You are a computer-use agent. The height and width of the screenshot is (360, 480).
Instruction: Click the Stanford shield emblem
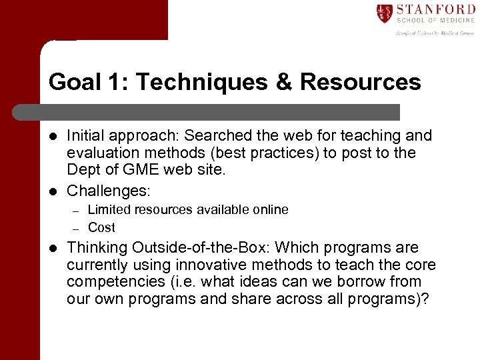[x=385, y=13]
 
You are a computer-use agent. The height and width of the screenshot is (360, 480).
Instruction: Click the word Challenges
[x=109, y=191]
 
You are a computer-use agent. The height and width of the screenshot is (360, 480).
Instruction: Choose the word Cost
[x=101, y=227]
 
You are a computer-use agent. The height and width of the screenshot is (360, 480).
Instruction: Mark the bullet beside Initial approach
[x=53, y=136]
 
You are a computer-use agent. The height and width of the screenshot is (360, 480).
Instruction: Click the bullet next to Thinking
[x=53, y=248]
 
